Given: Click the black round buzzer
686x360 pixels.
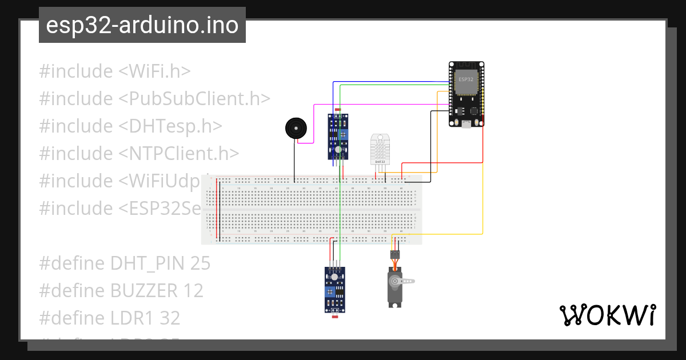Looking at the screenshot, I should pyautogui.click(x=295, y=128).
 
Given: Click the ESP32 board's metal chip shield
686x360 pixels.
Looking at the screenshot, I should pyautogui.click(x=466, y=81).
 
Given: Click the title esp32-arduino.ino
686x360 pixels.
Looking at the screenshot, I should pyautogui.click(x=142, y=25).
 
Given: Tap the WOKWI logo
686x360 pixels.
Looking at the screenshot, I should pyautogui.click(x=607, y=315).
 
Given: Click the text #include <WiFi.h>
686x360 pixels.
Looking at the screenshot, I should pyautogui.click(x=115, y=71).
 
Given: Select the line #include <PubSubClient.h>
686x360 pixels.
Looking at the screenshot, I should pyautogui.click(x=154, y=98).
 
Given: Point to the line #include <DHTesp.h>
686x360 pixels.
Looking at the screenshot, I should pyautogui.click(x=131, y=126).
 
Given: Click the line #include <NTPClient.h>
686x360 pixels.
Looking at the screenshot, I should pyautogui.click(x=139, y=153).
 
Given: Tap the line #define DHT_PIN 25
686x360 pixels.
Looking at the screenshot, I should pyautogui.click(x=125, y=263).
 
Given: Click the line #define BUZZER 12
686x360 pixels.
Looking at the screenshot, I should pyautogui.click(x=121, y=290).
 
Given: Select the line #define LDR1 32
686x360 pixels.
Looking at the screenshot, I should pyautogui.click(x=109, y=317).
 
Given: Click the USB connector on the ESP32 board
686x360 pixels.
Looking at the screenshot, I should pyautogui.click(x=466, y=124).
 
